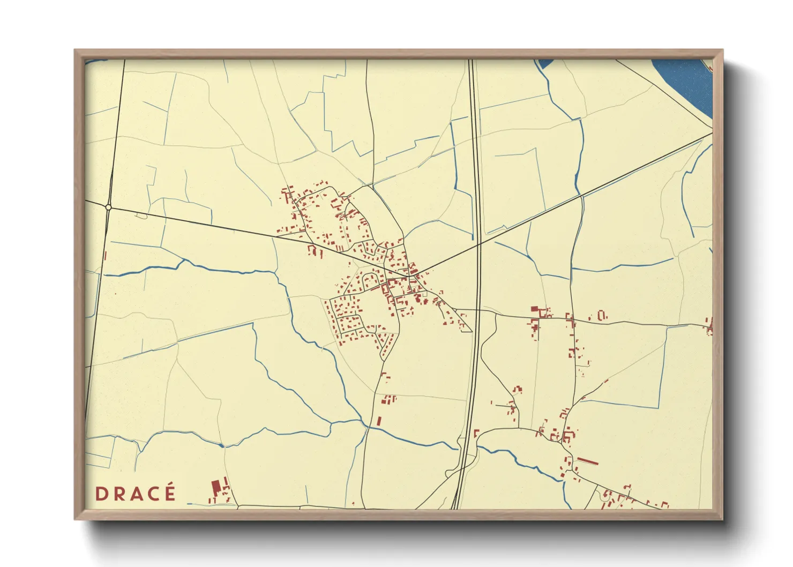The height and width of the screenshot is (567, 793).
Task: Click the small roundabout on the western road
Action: (x=108, y=207)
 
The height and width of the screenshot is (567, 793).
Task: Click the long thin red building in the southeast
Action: (x=587, y=460)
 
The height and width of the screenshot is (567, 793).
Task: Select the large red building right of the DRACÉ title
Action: (x=216, y=488)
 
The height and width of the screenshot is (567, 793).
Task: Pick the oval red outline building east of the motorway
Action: (x=602, y=315)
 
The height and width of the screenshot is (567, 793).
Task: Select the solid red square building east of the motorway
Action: (x=534, y=309)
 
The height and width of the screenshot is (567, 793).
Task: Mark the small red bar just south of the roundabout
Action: (x=105, y=256)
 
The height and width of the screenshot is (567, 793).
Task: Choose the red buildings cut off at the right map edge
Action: (x=709, y=325)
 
